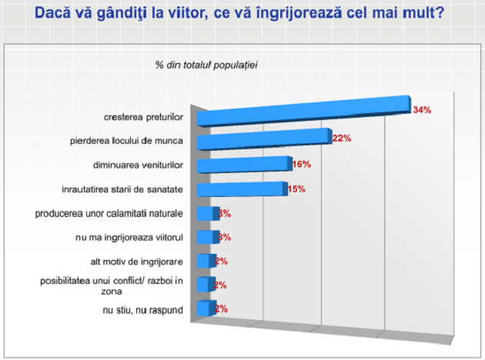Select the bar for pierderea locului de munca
coord(263,139)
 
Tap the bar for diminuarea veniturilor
coord(243,165)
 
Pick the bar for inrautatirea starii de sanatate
coord(240,189)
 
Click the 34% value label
coord(422,110)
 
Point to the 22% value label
coord(342,138)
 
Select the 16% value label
coord(301,164)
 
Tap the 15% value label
coord(297,188)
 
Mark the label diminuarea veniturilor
coord(136,165)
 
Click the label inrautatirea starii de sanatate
coord(122,188)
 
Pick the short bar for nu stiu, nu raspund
coord(203,308)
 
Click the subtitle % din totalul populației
coord(206,64)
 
